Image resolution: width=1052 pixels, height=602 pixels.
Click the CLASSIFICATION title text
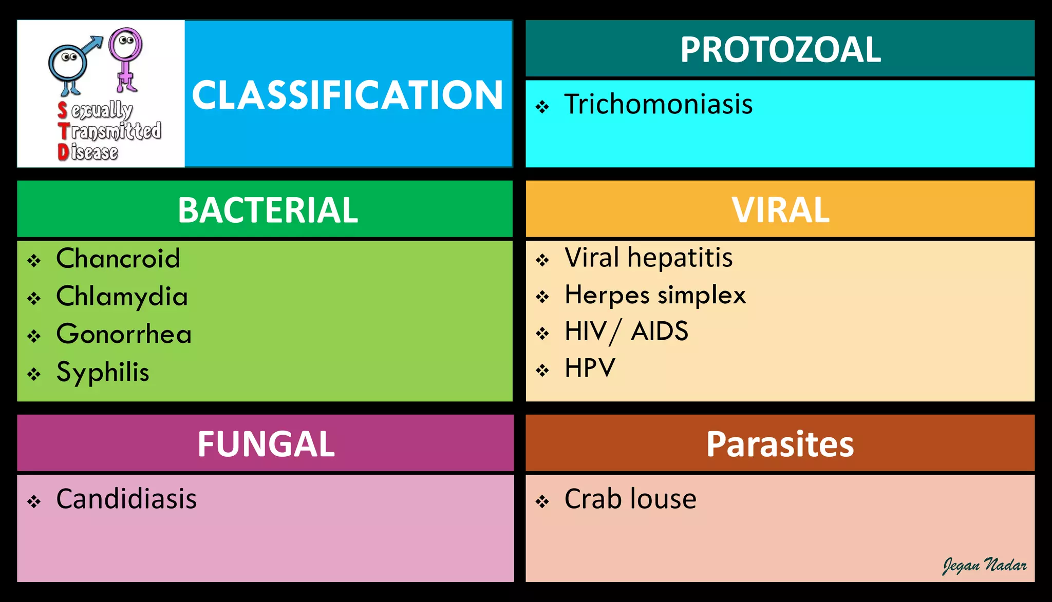tap(347, 95)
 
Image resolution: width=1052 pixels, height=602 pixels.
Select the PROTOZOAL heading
tap(780, 50)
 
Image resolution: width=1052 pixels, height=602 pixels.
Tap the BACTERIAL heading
tap(268, 210)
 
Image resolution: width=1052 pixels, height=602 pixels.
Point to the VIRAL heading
tap(780, 210)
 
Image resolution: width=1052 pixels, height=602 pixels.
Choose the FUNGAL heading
tap(266, 444)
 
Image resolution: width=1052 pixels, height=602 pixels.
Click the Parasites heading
tap(780, 444)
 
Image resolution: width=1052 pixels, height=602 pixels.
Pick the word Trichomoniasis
tap(659, 104)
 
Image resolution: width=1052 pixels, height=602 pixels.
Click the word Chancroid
tap(118, 258)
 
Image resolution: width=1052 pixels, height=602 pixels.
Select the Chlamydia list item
tap(122, 297)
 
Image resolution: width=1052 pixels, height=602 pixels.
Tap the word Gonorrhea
tap(124, 334)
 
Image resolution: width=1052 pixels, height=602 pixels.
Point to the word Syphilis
tap(103, 372)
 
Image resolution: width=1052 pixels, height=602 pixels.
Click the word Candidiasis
tap(126, 499)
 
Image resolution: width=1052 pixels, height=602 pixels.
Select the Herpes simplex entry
tap(655, 295)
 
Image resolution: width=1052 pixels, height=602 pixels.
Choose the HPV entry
tap(590, 368)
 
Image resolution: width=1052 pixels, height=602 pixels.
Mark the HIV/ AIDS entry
tap(626, 331)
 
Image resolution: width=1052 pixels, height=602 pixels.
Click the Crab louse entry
tap(630, 499)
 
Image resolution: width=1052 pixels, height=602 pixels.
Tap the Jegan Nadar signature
tap(984, 565)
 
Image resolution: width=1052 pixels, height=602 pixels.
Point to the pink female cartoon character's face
tap(125, 43)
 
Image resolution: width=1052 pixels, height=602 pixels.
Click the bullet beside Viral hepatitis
tap(542, 260)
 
